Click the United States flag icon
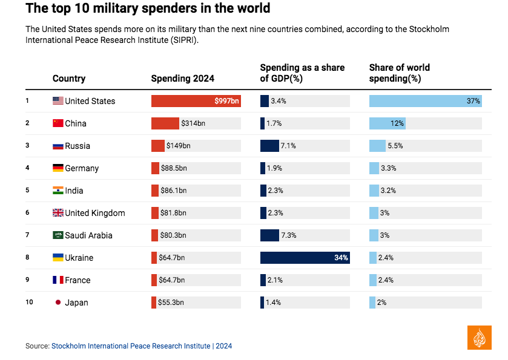(58, 101)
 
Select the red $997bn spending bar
(196, 101)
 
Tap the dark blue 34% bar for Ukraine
(305, 258)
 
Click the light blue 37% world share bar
(425, 101)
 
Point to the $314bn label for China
(193, 123)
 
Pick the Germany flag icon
(58, 168)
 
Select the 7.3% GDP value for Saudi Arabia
(289, 235)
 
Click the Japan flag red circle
(58, 303)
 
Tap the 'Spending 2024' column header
(182, 78)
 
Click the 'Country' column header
(69, 78)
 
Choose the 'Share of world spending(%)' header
(399, 73)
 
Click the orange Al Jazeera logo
(480, 337)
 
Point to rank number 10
(29, 302)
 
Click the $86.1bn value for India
(174, 191)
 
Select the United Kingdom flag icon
(58, 213)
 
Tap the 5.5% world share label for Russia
(395, 146)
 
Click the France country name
(78, 280)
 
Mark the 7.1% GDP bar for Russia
(269, 146)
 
